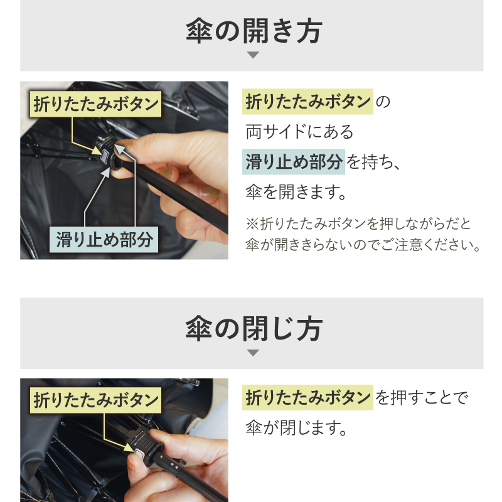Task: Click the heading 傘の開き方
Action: click(254, 31)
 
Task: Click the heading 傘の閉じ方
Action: click(254, 328)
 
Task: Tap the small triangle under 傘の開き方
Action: click(253, 55)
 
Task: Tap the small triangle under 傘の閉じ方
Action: click(253, 353)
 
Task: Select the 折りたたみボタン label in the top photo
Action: click(95, 104)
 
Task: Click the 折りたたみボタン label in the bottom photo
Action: click(95, 399)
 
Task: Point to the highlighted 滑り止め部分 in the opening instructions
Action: click(294, 162)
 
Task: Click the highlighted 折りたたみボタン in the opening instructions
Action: click(307, 102)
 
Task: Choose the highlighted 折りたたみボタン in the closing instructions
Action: click(307, 397)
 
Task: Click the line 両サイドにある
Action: click(299, 132)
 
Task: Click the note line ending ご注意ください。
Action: click(363, 244)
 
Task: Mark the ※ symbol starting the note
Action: click(251, 223)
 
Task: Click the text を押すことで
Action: click(422, 398)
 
